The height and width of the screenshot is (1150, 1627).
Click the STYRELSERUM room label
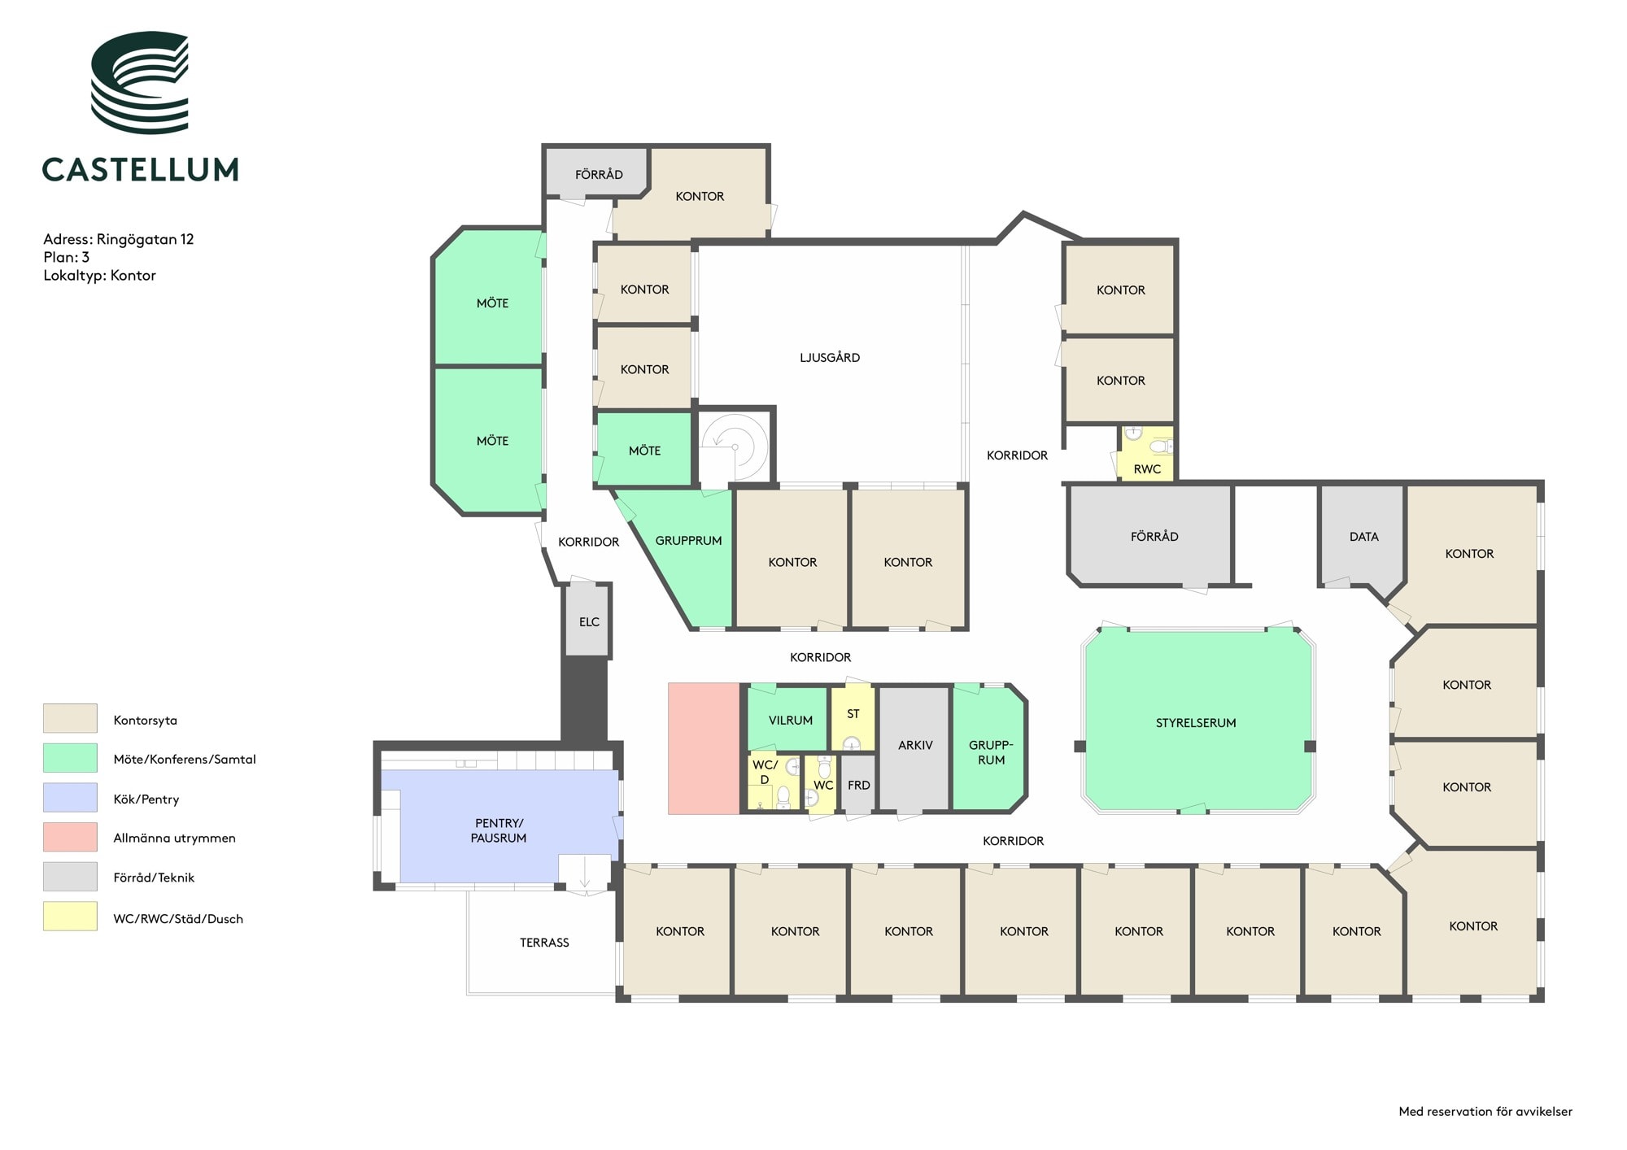coord(1196,723)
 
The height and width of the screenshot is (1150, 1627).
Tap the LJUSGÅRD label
coord(830,357)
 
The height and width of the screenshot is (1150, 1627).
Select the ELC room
coord(588,621)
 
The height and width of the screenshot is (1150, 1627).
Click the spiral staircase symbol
coord(735,446)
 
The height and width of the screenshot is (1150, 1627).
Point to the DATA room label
coord(1363,537)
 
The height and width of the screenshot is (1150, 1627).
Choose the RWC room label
coord(1147,469)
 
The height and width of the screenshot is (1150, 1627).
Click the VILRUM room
coord(787,719)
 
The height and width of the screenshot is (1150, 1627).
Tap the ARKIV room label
coord(915,745)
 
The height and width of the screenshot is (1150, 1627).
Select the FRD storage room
coord(857,784)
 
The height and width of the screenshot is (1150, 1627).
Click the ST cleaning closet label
coord(853,714)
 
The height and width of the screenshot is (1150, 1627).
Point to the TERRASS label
coord(544,943)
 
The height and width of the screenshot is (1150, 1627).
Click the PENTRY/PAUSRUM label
coord(499,830)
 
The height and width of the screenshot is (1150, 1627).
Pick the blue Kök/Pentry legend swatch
coord(70,797)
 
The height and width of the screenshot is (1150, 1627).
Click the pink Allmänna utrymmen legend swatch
coord(70,837)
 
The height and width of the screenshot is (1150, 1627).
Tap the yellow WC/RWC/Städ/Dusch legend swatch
coord(70,917)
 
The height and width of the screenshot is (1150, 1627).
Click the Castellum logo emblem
coord(140,82)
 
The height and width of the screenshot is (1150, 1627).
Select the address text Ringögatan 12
coord(145,239)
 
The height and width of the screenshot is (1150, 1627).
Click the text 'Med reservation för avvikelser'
coord(1485,1111)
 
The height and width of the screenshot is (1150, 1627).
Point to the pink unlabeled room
coord(704,748)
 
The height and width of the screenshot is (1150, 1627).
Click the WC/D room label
coord(765,772)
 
